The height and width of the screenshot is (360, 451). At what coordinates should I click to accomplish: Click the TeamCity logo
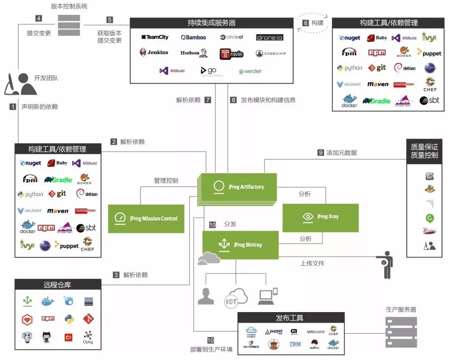click(x=154, y=37)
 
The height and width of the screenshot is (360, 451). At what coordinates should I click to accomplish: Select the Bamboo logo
click(x=193, y=37)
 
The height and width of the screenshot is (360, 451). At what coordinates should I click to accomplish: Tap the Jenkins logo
click(x=154, y=53)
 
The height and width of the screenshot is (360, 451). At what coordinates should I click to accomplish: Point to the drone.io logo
click(x=270, y=37)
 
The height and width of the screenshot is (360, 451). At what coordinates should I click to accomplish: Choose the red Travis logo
click(x=232, y=54)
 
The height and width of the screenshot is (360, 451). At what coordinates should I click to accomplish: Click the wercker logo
click(x=250, y=71)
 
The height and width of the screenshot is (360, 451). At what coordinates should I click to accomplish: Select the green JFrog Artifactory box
click(x=239, y=187)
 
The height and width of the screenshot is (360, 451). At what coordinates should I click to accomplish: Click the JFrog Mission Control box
click(x=146, y=218)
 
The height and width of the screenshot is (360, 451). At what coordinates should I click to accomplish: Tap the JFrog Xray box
click(x=320, y=217)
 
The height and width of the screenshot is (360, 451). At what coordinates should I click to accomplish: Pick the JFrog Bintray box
click(x=240, y=245)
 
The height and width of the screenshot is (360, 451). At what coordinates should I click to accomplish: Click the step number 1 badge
click(x=13, y=106)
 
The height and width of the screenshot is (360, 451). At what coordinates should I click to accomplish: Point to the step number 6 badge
click(x=306, y=23)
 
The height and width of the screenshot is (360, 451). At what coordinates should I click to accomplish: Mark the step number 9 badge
click(x=320, y=153)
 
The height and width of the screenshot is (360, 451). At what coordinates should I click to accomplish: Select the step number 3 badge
click(x=116, y=275)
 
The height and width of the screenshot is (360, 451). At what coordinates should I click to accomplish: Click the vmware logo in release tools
click(x=315, y=332)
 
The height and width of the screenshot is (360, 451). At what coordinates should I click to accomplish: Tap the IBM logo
click(x=295, y=345)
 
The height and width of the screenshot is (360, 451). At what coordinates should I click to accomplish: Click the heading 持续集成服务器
click(x=211, y=23)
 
